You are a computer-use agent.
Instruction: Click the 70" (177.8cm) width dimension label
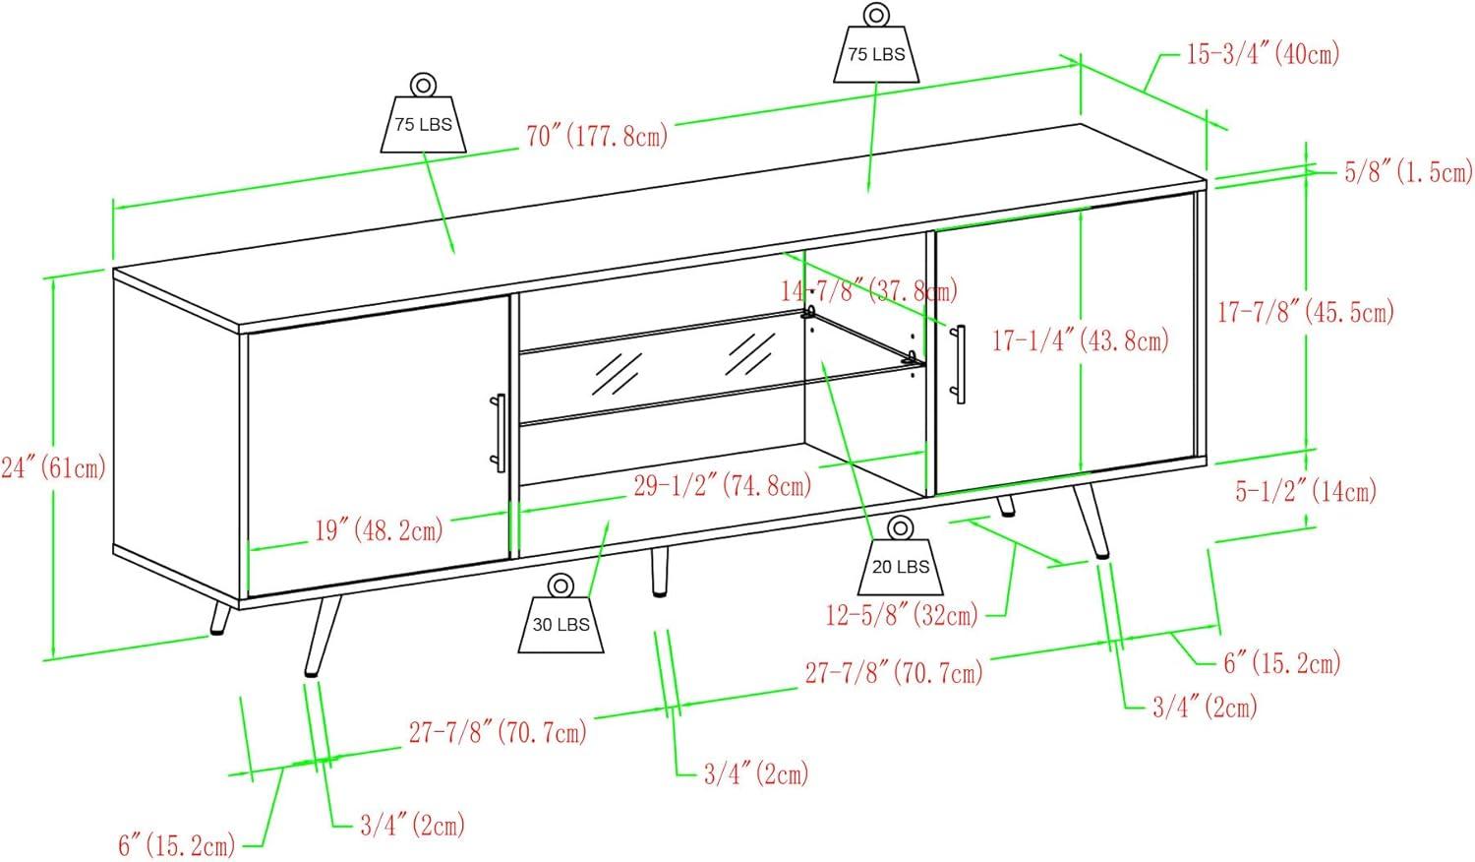pyautogui.click(x=597, y=136)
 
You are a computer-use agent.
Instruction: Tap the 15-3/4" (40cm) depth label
pyautogui.click(x=1263, y=54)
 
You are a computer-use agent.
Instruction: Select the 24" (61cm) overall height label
pyautogui.click(x=53, y=468)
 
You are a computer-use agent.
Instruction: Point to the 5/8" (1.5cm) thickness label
pyautogui.click(x=1408, y=172)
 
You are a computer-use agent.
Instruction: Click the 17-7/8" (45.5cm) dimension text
pyautogui.click(x=1306, y=311)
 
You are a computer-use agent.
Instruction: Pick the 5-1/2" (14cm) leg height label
pyautogui.click(x=1306, y=491)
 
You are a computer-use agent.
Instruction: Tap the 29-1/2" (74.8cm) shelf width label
pyautogui.click(x=723, y=486)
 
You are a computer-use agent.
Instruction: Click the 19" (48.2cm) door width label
pyautogui.click(x=379, y=529)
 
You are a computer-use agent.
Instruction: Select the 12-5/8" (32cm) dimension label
pyautogui.click(x=902, y=615)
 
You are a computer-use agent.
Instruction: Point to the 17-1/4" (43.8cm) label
pyautogui.click(x=1080, y=340)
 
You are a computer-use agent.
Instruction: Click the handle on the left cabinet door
pyautogui.click(x=500, y=433)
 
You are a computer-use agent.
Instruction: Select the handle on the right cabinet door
pyautogui.click(x=959, y=364)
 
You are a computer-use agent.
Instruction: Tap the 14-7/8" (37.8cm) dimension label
pyautogui.click(x=869, y=290)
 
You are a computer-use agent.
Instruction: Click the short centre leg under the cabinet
pyautogui.click(x=659, y=572)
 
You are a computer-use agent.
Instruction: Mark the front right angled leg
pyautogui.click(x=1092, y=522)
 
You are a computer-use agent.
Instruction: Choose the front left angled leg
pyautogui.click(x=323, y=636)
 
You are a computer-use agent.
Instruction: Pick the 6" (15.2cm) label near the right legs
pyautogui.click(x=1282, y=662)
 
